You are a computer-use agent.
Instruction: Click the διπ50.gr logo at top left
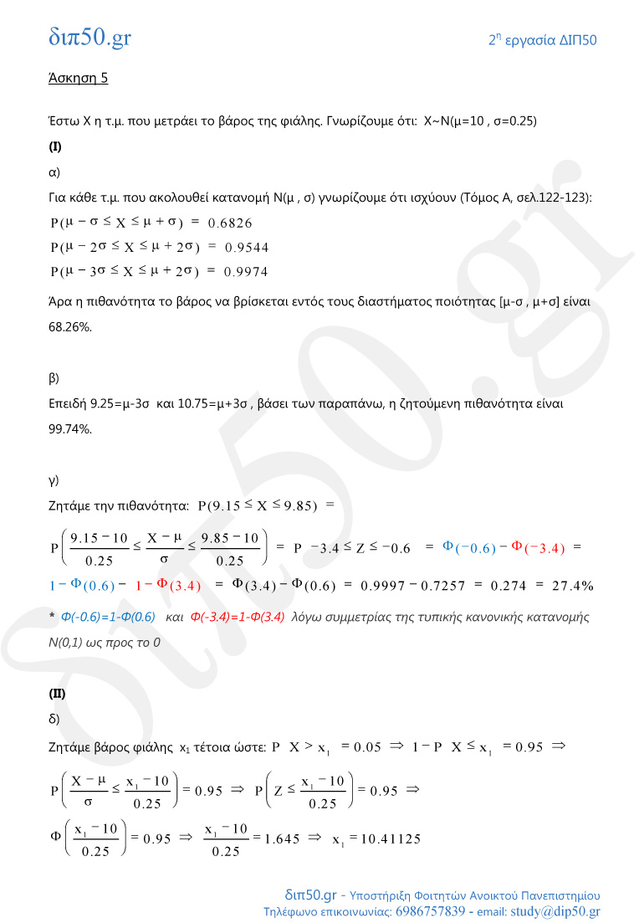(89, 37)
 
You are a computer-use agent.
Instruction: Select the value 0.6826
(230, 223)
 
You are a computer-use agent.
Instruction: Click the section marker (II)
(57, 694)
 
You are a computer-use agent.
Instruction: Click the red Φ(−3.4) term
(539, 547)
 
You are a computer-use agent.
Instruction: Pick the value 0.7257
(437, 585)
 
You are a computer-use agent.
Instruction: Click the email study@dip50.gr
(559, 911)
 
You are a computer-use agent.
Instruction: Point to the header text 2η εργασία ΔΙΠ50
(543, 40)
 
